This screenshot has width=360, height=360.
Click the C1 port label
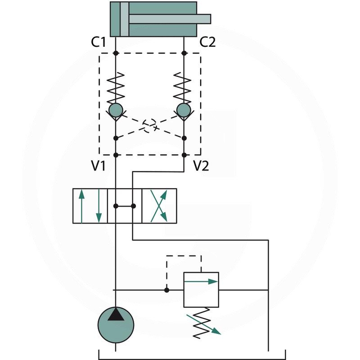click(98, 42)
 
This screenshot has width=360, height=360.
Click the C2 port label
click(207, 42)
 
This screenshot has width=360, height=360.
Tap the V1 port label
click(98, 166)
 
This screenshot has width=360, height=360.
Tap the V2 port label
click(201, 166)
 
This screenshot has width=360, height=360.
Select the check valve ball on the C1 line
click(116, 109)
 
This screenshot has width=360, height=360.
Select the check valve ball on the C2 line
click(184, 109)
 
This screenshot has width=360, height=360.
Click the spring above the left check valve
click(116, 88)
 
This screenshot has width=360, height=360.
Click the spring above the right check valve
click(184, 88)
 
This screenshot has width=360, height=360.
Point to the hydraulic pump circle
click(116, 324)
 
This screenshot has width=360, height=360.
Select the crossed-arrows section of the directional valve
click(159, 206)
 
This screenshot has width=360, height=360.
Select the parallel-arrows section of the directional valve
click(90, 206)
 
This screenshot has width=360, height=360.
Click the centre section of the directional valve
click(125, 206)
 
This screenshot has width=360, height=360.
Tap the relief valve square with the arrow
click(201, 289)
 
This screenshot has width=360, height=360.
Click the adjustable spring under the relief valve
click(201, 322)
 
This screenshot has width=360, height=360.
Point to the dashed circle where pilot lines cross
click(150, 124)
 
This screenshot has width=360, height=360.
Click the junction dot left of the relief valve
click(166, 290)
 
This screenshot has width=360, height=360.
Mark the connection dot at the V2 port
click(184, 155)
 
